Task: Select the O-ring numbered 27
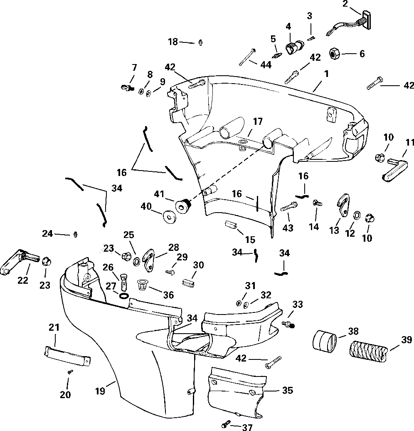click(x=123, y=296)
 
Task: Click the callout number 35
click(x=288, y=390)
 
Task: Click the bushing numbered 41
click(x=183, y=206)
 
